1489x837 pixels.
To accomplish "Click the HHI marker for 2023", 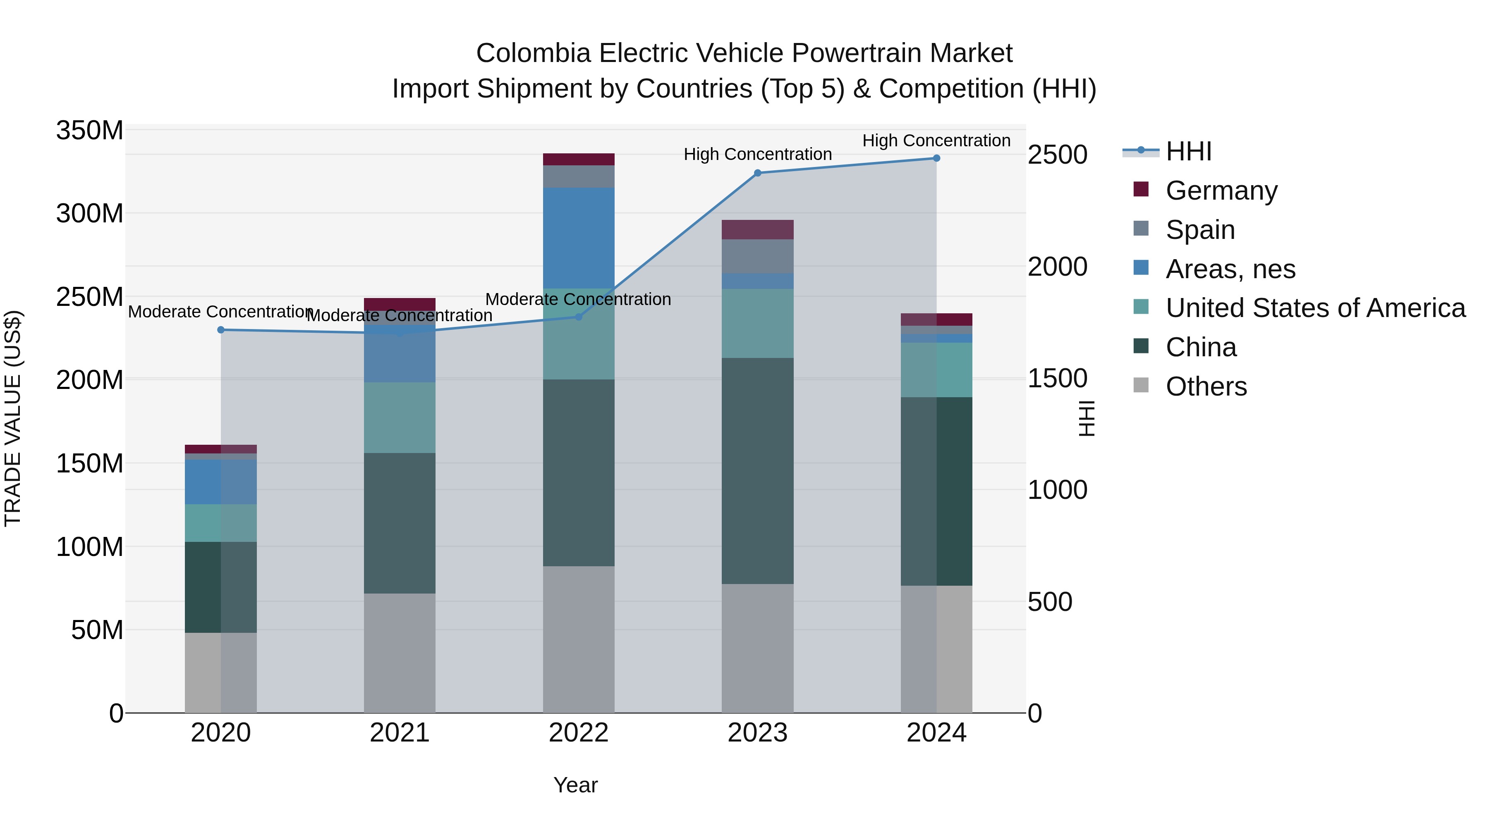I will coord(757,173).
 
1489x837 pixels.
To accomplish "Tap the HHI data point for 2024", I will coord(936,158).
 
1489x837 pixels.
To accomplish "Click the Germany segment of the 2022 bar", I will coord(579,160).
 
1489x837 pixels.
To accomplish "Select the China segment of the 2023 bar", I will coord(757,471).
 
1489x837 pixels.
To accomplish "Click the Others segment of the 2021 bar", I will coord(400,653).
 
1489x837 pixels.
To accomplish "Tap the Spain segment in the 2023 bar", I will coord(757,256).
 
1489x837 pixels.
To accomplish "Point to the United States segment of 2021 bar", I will coord(400,417).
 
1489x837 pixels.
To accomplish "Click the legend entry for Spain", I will coord(1200,230).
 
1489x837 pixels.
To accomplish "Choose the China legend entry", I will coord(1201,348).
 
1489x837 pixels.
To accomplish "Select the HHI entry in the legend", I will coord(1188,151).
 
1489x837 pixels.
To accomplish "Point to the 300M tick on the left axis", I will coord(90,214).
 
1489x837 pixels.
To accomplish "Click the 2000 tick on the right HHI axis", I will coord(1057,267).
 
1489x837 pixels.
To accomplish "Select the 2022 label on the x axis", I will coord(579,733).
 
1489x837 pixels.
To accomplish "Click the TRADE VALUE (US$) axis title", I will coord(13,418).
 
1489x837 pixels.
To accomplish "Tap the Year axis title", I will coord(575,785).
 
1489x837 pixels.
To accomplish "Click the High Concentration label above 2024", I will coord(936,141).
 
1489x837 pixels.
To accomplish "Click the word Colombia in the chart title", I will coord(533,53).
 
